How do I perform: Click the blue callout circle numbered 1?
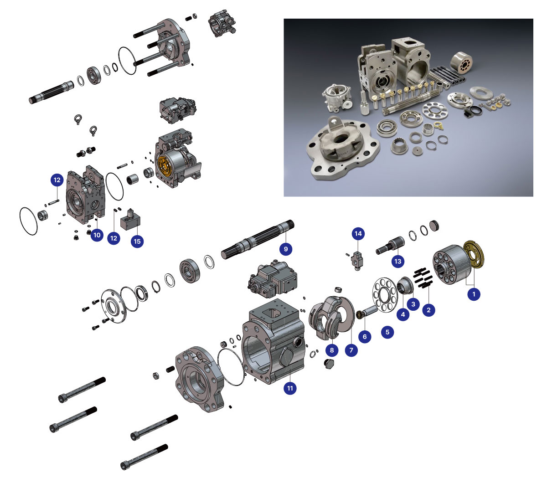[474, 294]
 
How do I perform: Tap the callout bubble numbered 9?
[286, 249]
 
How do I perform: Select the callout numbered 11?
[290, 388]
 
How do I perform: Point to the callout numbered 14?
[358, 234]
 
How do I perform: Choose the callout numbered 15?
[137, 241]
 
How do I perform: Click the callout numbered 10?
[97, 235]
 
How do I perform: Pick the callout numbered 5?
[387, 332]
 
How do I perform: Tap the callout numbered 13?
[397, 261]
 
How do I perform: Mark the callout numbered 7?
[351, 350]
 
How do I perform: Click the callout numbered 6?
[365, 336]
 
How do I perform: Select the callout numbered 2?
[428, 310]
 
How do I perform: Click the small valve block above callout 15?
[130, 219]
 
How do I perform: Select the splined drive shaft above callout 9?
[258, 240]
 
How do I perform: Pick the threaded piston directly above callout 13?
[390, 245]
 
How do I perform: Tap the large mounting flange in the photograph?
[343, 149]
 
